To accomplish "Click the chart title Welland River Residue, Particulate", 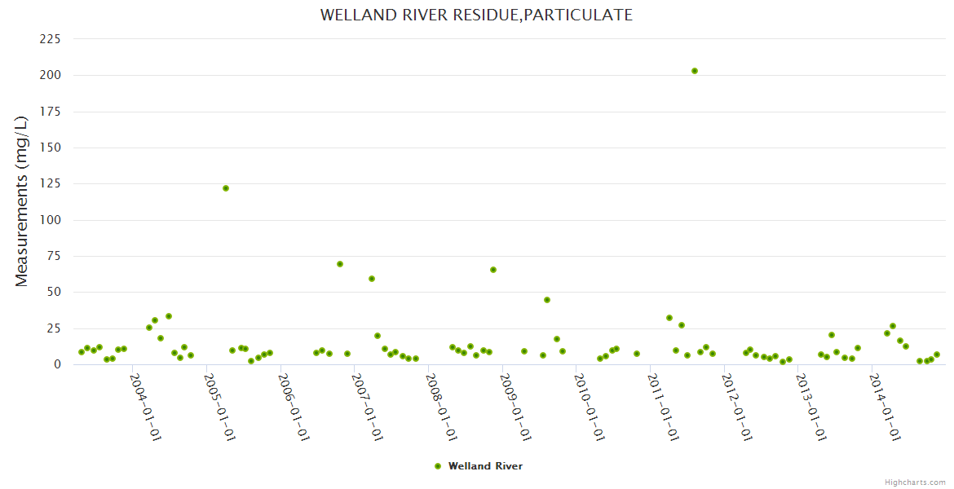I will (476, 15).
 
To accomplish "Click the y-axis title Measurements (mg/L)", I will (22, 201).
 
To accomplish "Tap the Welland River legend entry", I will (484, 466).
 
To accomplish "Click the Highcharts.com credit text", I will (915, 482).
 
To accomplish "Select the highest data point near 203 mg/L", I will (695, 71).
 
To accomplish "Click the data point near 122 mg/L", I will (226, 188).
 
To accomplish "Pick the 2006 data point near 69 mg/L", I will (340, 264).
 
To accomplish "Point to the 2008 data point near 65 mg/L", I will (493, 270).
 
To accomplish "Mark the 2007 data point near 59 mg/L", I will (372, 279).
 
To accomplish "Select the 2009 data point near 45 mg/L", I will (547, 300).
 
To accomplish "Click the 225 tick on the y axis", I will (51, 39).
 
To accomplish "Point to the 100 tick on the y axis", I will (51, 220).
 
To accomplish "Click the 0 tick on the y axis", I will (57, 364).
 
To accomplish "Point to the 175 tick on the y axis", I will (51, 112).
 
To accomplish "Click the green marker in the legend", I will (438, 466).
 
